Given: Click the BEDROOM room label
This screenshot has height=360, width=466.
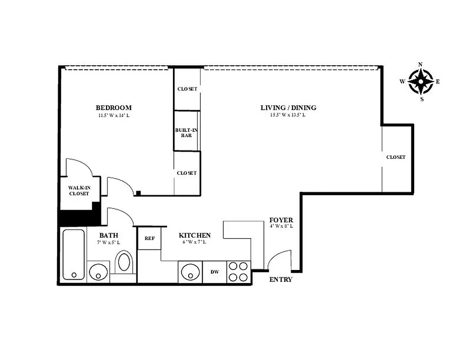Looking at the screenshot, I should (113, 108).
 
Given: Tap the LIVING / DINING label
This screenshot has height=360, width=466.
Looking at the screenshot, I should (288, 108).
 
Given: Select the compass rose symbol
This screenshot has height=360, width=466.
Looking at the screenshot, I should (421, 81).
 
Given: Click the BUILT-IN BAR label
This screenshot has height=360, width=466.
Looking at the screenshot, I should (186, 132).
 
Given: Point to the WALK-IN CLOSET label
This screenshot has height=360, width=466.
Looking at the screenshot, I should (78, 190).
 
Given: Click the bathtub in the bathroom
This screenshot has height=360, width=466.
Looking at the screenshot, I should (73, 254).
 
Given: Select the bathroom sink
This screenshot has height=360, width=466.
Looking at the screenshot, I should (98, 271).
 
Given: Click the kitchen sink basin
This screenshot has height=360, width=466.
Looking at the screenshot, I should (190, 272).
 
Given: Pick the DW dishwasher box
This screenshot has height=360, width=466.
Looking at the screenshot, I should (215, 272).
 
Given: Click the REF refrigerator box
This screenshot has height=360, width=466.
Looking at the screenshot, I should (149, 238).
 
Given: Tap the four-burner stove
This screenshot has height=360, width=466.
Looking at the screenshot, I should (238, 272).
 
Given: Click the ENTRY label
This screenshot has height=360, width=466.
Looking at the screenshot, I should (281, 279).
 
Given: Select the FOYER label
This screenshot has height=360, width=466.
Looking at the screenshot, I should (281, 220).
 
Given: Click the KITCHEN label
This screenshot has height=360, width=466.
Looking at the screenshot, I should (195, 235).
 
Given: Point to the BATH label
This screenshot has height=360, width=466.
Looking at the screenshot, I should (109, 235).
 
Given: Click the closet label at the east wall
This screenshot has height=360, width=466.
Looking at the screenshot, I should (396, 157).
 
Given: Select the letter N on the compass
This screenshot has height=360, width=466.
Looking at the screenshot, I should (421, 64).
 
